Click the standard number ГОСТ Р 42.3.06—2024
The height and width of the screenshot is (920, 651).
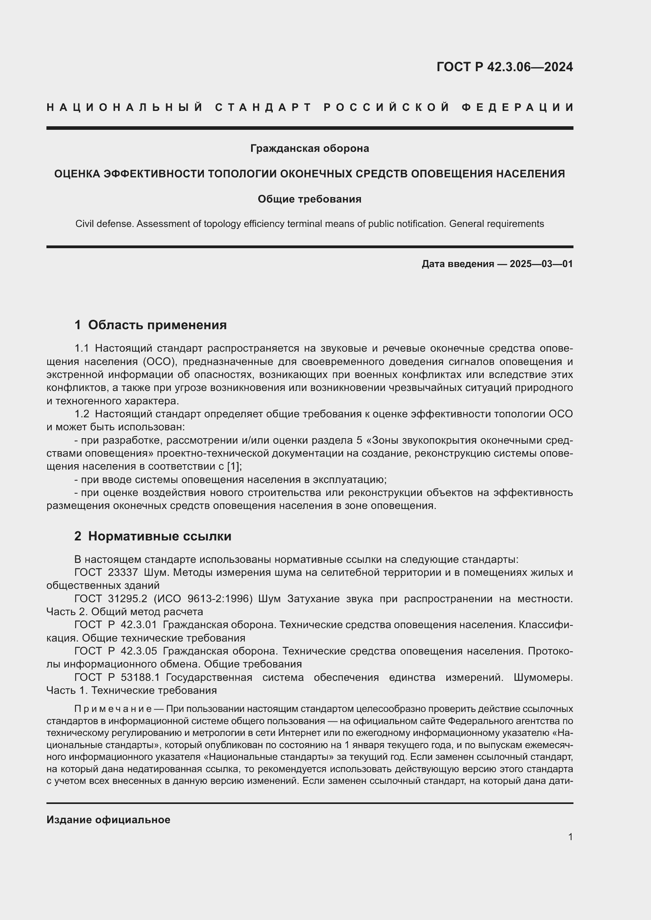click(x=504, y=67)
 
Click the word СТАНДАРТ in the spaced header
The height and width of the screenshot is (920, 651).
click(x=263, y=107)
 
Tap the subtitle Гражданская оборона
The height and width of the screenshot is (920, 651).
click(x=309, y=149)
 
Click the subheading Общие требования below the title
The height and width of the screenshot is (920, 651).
click(x=309, y=199)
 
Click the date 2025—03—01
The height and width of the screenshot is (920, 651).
click(x=541, y=264)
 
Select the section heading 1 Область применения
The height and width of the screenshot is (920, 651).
click(x=150, y=325)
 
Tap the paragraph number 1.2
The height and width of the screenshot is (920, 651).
click(x=82, y=414)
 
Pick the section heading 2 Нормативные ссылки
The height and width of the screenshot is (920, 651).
click(x=153, y=536)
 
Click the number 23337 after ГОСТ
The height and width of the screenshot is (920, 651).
click(x=123, y=573)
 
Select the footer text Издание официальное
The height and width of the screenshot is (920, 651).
click(x=108, y=820)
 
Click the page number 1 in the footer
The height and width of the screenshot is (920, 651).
click(x=570, y=837)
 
